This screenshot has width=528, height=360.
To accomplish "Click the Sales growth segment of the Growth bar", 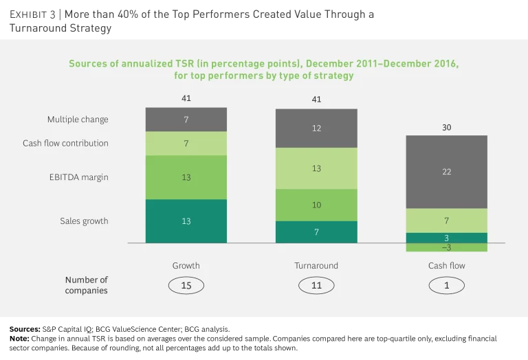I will (186, 221).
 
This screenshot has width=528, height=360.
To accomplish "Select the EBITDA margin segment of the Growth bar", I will (186, 177).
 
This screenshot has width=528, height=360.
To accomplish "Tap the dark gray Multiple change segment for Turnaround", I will (316, 128).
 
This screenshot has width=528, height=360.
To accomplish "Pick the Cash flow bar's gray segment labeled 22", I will (447, 172).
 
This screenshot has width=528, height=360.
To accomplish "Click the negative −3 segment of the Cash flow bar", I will (447, 247).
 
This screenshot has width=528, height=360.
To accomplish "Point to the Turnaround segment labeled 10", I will (316, 205).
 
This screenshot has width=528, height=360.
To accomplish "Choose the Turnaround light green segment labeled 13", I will (316, 168).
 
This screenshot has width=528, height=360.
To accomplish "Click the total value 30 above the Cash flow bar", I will (447, 127).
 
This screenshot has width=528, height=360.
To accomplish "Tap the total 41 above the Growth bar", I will (186, 99).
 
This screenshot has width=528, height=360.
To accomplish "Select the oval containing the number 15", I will (186, 285).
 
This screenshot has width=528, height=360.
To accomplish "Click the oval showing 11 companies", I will (316, 285).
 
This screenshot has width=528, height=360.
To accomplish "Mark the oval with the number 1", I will (447, 285).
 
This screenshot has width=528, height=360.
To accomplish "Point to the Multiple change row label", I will (78, 120).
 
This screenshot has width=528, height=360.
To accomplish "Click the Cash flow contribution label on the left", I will (65, 144).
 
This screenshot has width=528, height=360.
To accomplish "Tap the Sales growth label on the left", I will (85, 221).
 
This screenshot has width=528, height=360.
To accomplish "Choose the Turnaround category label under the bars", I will (316, 266).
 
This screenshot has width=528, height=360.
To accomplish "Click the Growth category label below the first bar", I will (186, 266).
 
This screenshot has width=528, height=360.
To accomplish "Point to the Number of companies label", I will (87, 285).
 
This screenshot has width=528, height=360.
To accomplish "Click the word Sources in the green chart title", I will (88, 64).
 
